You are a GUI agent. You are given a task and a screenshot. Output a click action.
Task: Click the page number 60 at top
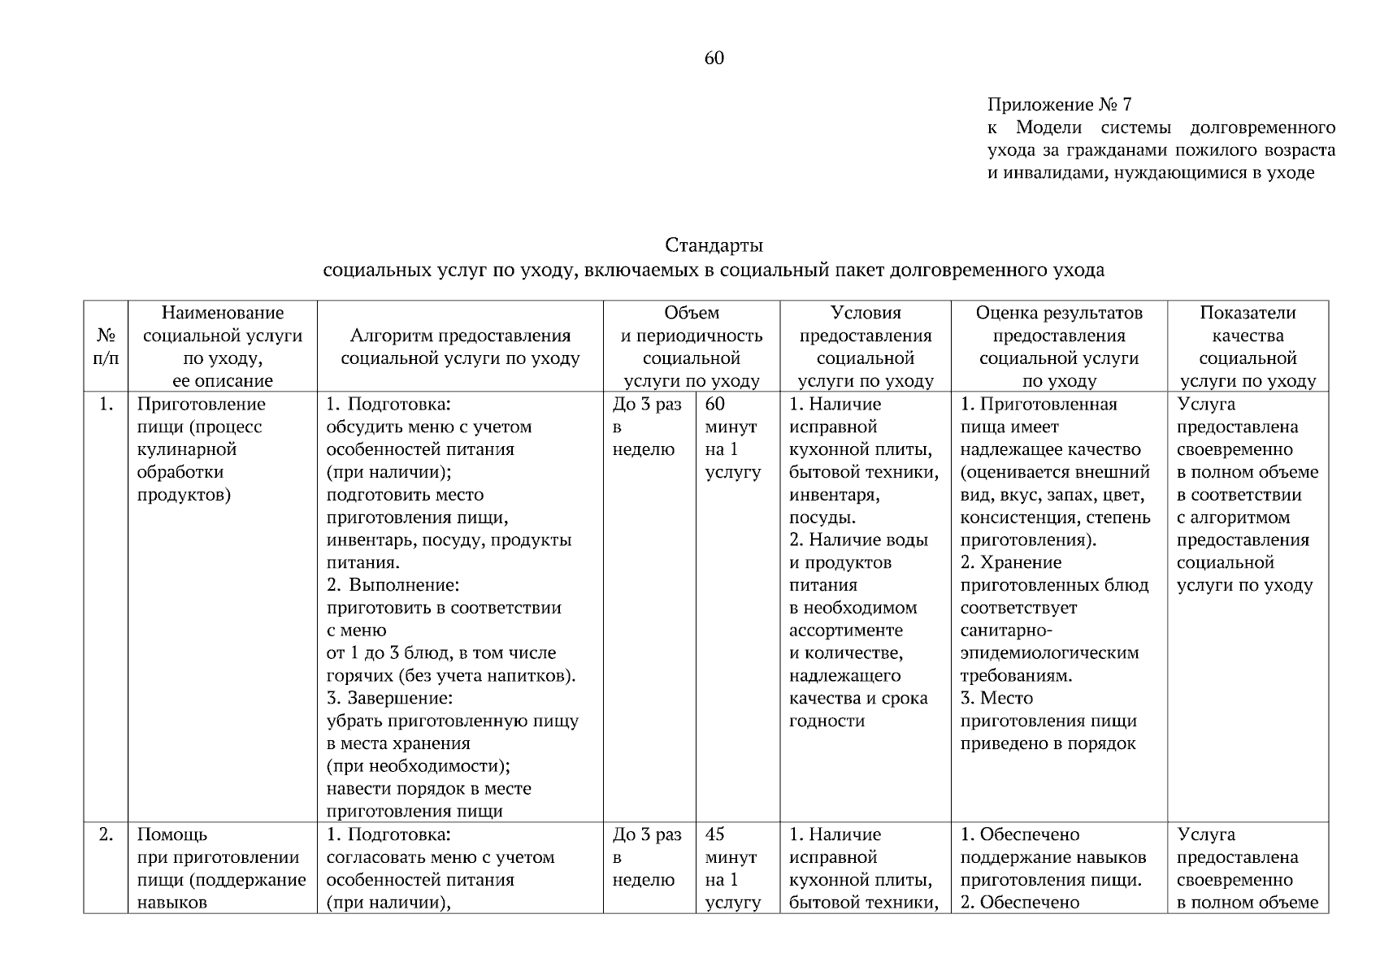tap(714, 58)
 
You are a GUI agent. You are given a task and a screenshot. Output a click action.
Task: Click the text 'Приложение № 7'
tap(1059, 105)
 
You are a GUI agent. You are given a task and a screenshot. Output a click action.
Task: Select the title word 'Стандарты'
tap(714, 245)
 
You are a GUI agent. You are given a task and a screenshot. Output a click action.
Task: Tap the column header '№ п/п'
tap(106, 347)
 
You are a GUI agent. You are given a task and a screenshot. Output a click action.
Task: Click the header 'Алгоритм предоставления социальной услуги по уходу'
tap(460, 347)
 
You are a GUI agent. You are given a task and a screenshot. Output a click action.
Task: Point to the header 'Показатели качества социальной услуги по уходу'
tap(1248, 347)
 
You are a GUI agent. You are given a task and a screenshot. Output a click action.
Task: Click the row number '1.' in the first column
tap(106, 405)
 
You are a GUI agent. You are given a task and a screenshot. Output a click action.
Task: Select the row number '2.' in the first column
tap(106, 835)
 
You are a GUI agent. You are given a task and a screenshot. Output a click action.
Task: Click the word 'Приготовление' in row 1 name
tap(201, 405)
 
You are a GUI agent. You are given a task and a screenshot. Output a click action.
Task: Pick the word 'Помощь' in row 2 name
tap(171, 835)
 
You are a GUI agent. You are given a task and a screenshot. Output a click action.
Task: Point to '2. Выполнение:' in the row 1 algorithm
tap(393, 586)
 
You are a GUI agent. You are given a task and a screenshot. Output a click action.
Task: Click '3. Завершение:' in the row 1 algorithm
tap(389, 699)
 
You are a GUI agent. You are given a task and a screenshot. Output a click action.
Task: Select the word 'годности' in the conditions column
tap(827, 721)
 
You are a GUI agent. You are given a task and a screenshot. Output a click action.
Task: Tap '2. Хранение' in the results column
tap(1011, 563)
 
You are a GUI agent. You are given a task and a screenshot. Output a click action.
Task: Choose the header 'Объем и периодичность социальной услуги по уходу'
tap(692, 347)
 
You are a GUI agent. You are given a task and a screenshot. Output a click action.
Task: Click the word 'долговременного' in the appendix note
tap(1262, 128)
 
